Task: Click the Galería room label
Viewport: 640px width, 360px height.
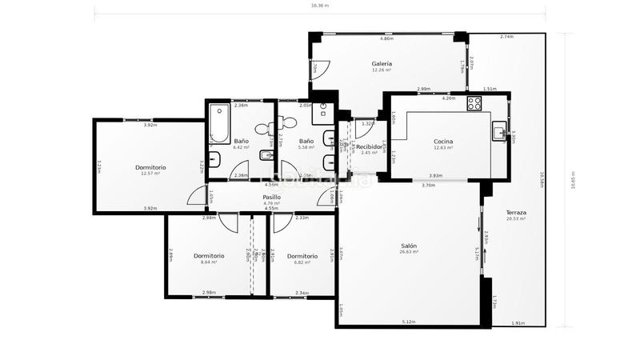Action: coord(382,63)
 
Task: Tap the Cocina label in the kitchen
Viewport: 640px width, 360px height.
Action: coord(443,141)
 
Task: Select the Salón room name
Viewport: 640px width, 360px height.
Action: coord(409,246)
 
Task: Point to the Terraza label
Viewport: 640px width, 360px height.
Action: coord(516,212)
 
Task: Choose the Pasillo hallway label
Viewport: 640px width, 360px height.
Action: coord(271,197)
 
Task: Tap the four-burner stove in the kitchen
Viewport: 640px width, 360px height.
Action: coord(474,103)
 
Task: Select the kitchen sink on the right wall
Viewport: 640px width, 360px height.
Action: coord(499,132)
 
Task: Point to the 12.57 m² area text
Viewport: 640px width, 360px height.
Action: coord(150,174)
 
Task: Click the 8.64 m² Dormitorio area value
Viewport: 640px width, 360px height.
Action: coord(209,262)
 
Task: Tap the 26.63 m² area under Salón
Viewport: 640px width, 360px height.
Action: coord(409,252)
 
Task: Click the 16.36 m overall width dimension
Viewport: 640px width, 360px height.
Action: coord(320,6)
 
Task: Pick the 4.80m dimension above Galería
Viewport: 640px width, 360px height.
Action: coord(386,38)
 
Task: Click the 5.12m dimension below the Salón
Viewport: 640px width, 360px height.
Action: coord(409,322)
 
